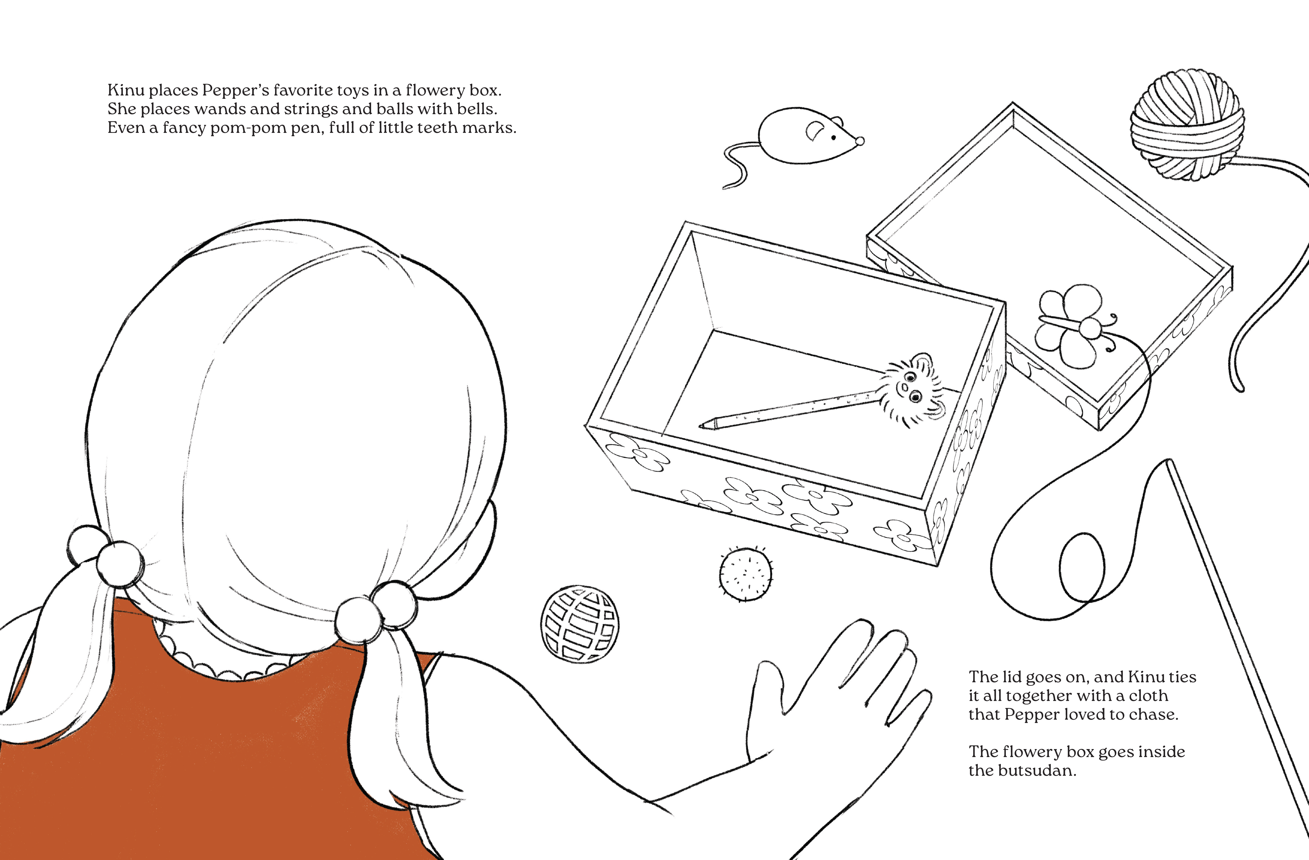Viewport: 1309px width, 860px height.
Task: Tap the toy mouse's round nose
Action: coord(860,141)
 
